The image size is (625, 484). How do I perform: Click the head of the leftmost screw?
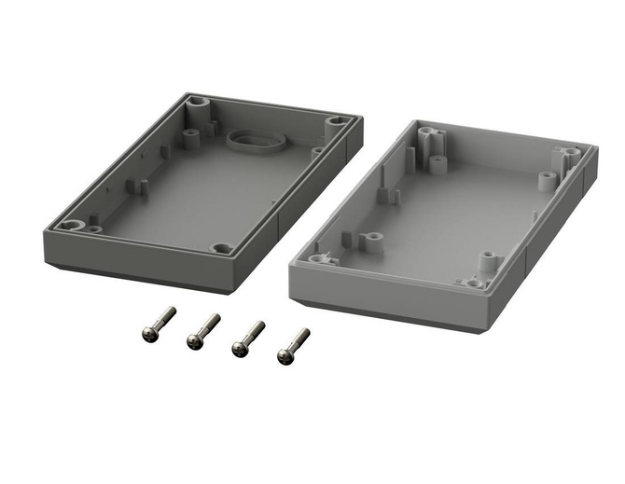point(148,332)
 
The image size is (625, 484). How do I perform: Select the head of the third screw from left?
point(238,350)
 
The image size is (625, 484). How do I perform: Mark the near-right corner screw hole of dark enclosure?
point(221,249)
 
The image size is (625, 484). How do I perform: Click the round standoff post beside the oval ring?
point(191,137)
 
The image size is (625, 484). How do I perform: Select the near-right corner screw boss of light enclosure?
point(473,282)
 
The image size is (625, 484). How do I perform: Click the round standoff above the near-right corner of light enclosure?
point(486,256)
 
